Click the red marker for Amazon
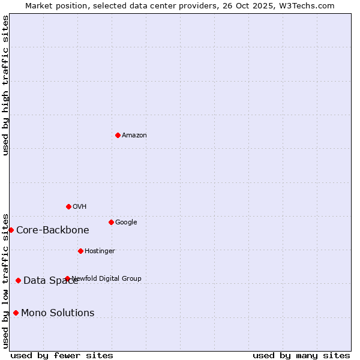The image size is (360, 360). click(x=118, y=135)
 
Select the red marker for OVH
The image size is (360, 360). click(x=68, y=206)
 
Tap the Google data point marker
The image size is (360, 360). click(x=111, y=222)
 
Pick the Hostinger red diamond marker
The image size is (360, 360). click(x=80, y=251)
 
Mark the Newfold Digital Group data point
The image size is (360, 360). click(x=67, y=278)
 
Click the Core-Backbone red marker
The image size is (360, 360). click(x=11, y=230)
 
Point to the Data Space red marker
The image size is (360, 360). click(x=18, y=280)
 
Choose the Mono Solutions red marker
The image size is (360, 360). click(x=16, y=313)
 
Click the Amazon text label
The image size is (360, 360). click(x=134, y=136)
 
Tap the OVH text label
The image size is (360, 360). click(x=80, y=207)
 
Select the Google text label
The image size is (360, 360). click(x=126, y=223)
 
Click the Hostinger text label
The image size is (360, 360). click(x=100, y=251)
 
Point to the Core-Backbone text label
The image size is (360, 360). click(x=53, y=230)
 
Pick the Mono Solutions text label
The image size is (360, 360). click(x=58, y=313)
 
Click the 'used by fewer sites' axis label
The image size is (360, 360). click(x=62, y=355)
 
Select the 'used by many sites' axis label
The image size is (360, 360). click(x=301, y=355)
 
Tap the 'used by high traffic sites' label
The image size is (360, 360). click(x=5, y=85)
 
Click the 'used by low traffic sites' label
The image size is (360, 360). click(x=5, y=280)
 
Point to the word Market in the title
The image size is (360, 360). click(x=40, y=5)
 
